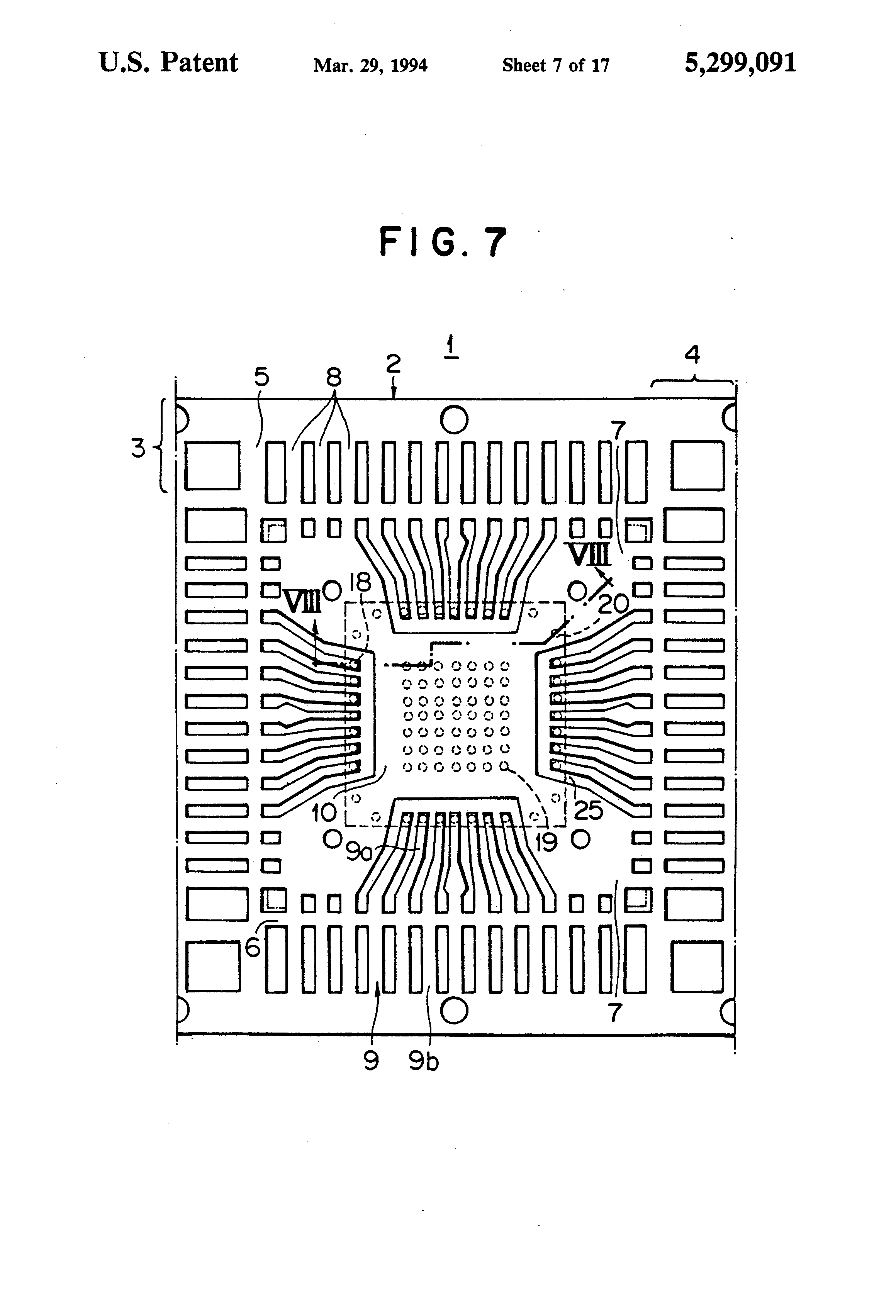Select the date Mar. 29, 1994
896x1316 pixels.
pyautogui.click(x=370, y=66)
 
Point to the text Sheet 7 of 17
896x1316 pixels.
pyautogui.click(x=556, y=66)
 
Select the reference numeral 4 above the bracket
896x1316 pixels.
pyautogui.click(x=692, y=355)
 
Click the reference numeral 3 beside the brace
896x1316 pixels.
pyautogui.click(x=138, y=448)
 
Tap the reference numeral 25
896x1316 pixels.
pyautogui.click(x=589, y=811)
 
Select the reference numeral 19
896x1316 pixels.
pyautogui.click(x=546, y=843)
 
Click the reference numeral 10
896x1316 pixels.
pyautogui.click(x=324, y=813)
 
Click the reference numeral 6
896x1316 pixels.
pyautogui.click(x=253, y=946)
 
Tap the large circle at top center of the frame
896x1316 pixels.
pyautogui.click(x=454, y=420)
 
